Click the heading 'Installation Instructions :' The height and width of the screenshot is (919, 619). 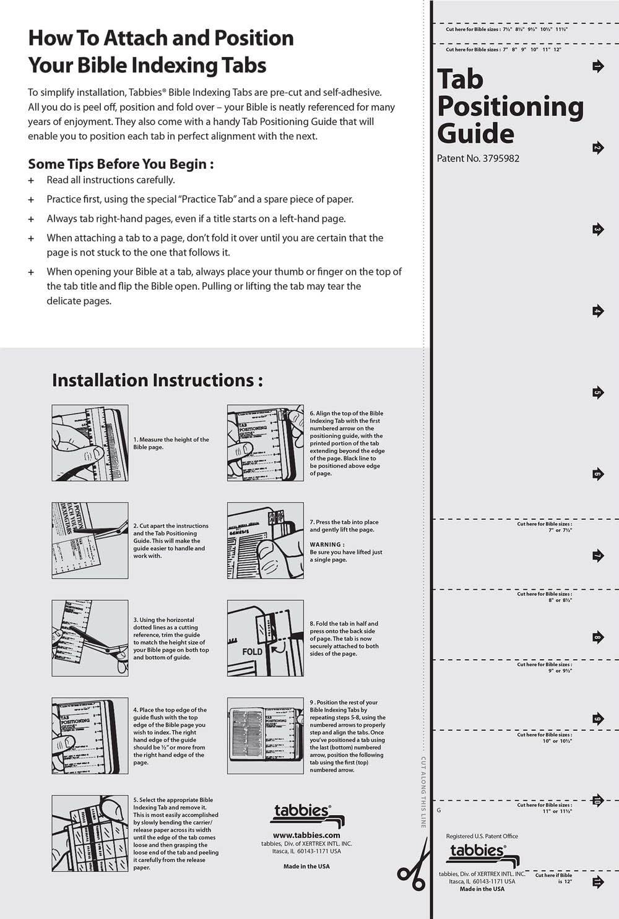[157, 380]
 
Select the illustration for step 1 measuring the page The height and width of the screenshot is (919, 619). [90, 443]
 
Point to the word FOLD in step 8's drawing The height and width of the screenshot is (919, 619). [253, 652]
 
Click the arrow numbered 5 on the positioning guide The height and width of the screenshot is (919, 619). [597, 392]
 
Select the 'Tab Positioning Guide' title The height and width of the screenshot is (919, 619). [509, 106]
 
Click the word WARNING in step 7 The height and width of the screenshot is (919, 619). [327, 545]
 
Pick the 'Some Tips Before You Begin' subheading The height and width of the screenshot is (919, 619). [121, 164]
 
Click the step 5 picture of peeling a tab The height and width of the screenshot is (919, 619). [90, 833]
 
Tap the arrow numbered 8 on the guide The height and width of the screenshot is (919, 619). [597, 637]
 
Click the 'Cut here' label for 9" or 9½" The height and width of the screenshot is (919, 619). [544, 667]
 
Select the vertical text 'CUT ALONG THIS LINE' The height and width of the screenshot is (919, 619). [423, 792]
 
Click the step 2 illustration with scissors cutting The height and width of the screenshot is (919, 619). [90, 540]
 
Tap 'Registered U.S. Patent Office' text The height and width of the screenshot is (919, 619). [482, 836]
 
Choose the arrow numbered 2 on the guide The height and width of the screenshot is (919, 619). [597, 148]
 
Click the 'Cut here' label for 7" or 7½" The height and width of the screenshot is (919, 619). [544, 527]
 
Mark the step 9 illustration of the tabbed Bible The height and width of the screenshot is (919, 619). [265, 736]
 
